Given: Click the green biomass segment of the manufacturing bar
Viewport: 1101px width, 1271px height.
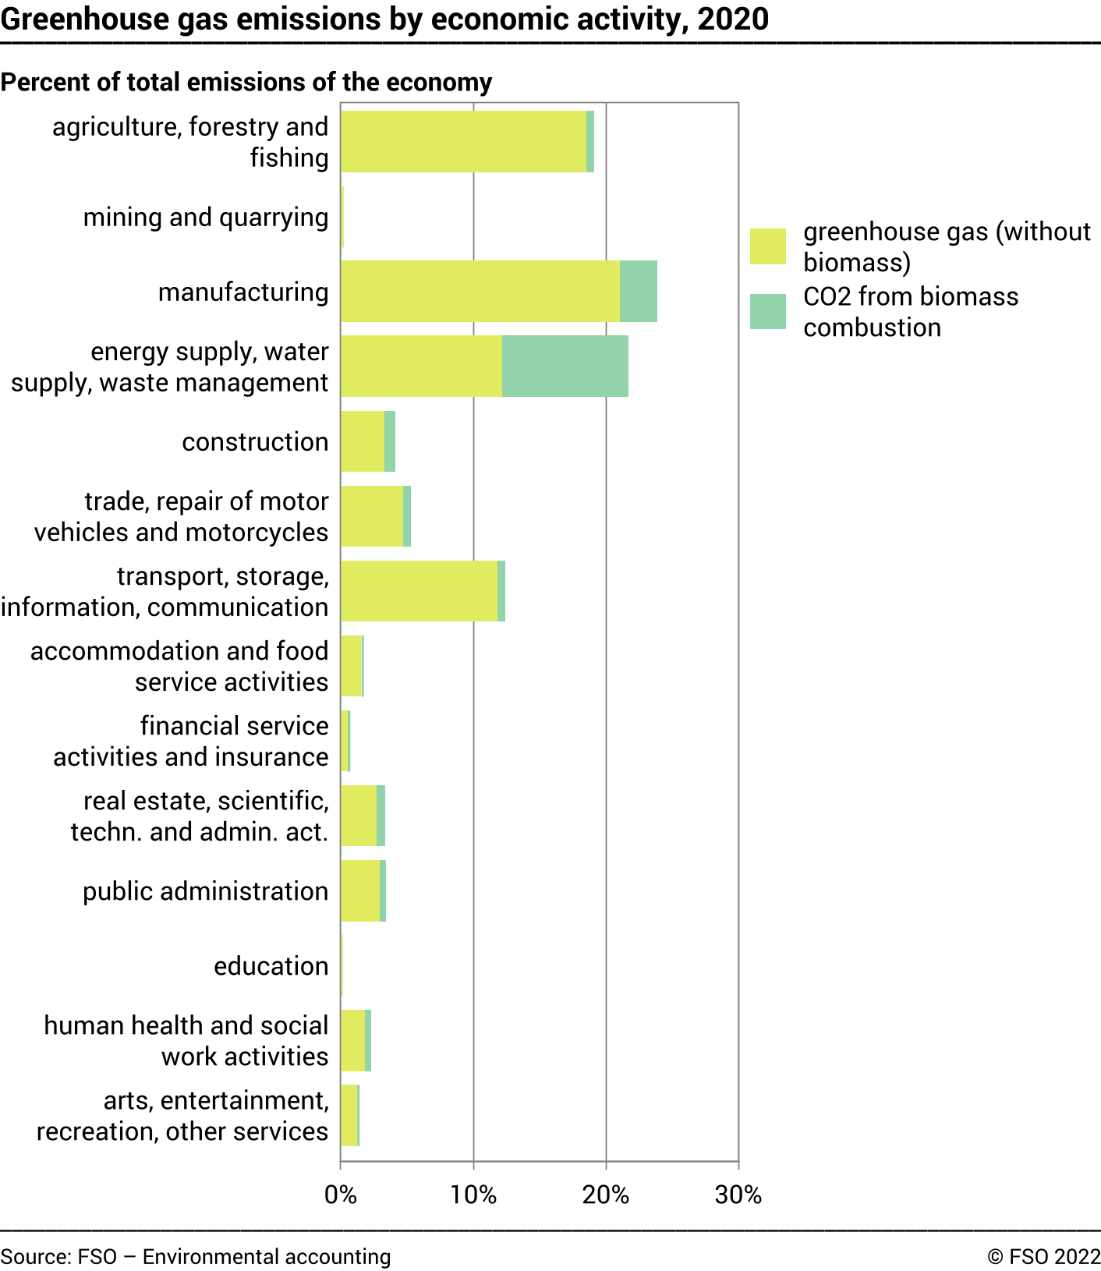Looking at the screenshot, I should tap(638, 291).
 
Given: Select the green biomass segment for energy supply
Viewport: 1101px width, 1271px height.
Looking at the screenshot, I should tap(565, 366).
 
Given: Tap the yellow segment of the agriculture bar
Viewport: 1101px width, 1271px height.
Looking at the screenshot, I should tap(463, 141).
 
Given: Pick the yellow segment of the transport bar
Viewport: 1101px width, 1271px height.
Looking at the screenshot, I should tap(419, 591).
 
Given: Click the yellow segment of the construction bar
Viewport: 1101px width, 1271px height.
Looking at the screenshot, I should tap(363, 441).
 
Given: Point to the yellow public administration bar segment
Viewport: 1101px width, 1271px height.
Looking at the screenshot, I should tap(360, 890).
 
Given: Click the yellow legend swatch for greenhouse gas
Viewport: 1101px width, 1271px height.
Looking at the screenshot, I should tap(767, 246).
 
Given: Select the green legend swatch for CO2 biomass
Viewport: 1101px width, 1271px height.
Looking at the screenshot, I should tap(767, 311).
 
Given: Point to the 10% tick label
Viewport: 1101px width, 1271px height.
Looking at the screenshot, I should tap(473, 1195).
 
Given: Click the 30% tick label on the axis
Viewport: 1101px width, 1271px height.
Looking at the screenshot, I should tap(738, 1195).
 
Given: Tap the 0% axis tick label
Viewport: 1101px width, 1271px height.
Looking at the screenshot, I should tap(341, 1195).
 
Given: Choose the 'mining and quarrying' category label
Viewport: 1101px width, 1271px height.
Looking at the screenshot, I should tap(206, 217).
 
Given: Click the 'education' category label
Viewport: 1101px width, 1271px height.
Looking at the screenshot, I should tap(271, 965).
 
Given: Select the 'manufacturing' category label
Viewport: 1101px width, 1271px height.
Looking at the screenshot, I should tap(243, 292).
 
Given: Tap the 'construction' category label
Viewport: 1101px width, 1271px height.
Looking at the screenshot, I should tap(255, 441).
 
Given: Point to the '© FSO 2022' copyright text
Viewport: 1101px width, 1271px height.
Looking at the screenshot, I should tap(1043, 1256).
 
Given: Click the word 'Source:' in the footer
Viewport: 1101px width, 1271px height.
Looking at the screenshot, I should tap(36, 1256).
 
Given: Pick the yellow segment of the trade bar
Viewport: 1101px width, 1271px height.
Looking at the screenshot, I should tap(372, 516).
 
